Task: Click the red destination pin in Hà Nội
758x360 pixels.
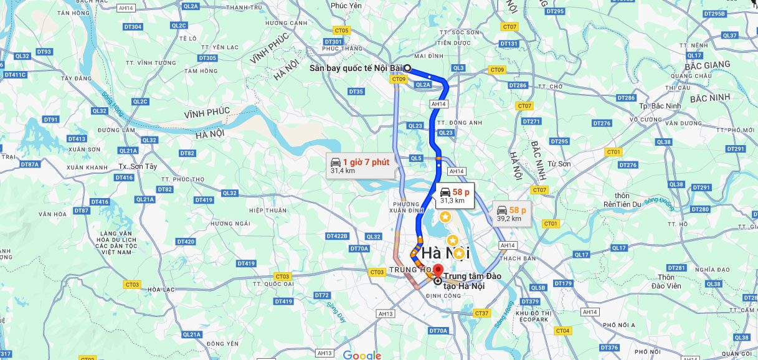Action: [437, 271]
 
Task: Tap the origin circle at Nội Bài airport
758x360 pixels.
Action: [407, 68]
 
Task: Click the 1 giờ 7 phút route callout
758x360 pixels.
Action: [360, 166]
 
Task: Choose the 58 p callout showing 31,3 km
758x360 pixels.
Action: [455, 196]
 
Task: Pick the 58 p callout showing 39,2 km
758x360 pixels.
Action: [511, 214]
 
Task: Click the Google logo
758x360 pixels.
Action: [362, 355]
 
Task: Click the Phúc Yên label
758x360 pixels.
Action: [346, 6]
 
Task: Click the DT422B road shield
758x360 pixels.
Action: [337, 236]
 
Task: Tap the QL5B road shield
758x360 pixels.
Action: [538, 288]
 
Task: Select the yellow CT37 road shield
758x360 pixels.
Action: [481, 313]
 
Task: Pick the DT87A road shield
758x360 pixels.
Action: [29, 164]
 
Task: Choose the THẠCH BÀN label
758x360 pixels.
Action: [518, 258]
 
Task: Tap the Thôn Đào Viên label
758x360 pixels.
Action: [666, 281]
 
